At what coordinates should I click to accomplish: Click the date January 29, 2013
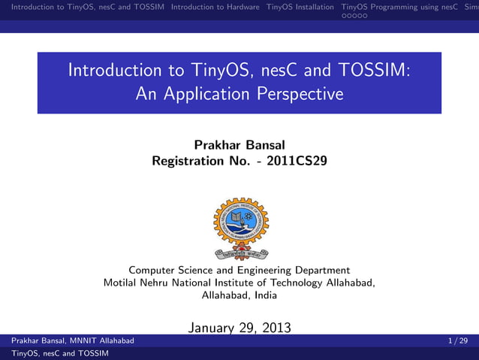[x=239, y=327]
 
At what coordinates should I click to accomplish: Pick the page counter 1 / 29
[x=457, y=341]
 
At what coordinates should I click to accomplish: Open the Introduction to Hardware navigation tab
[x=215, y=8]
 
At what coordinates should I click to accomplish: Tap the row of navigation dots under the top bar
[x=354, y=16]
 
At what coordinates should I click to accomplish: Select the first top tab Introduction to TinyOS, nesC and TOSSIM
[x=83, y=8]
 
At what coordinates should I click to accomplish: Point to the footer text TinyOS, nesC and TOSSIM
[x=55, y=353]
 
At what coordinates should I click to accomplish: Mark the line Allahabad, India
[x=239, y=295]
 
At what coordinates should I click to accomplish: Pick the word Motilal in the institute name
[x=122, y=283]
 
